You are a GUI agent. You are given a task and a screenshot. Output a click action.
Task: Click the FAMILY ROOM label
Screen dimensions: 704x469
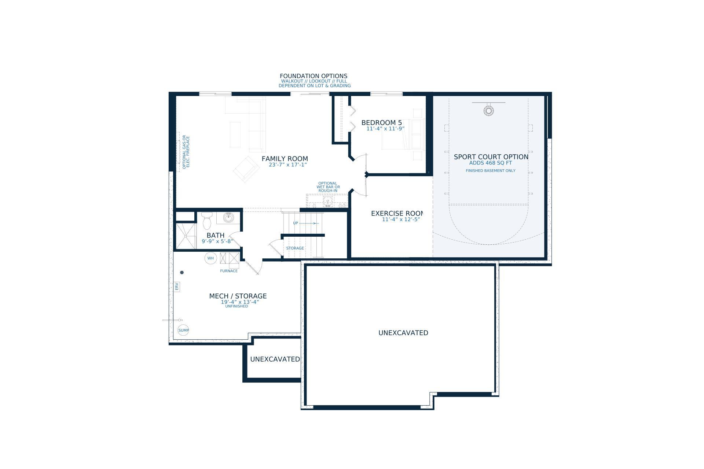click(285, 159)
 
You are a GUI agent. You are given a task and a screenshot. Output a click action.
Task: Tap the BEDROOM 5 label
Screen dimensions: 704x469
click(382, 123)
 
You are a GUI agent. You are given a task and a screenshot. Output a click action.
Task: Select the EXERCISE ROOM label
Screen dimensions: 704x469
click(397, 213)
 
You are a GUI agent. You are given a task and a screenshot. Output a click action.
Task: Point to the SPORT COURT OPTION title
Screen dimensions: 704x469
click(491, 157)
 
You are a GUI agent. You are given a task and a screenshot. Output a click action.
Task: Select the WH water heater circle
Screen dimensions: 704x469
click(210, 258)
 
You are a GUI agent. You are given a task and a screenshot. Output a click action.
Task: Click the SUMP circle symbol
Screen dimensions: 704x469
click(183, 330)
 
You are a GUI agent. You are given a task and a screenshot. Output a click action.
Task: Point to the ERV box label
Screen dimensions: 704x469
click(177, 287)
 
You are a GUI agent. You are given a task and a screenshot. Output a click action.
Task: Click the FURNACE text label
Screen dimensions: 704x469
click(229, 271)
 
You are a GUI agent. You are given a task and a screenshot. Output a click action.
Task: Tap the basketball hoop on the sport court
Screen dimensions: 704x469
click(488, 111)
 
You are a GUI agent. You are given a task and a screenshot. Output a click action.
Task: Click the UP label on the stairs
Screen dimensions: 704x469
click(296, 223)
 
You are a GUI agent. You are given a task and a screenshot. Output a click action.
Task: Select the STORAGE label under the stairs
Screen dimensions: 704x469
click(295, 248)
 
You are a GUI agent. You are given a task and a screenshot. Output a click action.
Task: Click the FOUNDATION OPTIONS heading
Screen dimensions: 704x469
click(313, 76)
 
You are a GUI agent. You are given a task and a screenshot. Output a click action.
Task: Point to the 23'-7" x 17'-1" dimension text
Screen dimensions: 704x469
click(288, 165)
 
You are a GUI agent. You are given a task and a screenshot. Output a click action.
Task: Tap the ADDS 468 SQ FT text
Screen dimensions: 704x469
click(491, 163)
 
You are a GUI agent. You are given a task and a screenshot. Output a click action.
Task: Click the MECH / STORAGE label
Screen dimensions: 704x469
click(238, 296)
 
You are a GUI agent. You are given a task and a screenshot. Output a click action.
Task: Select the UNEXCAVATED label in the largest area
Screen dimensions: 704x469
click(403, 333)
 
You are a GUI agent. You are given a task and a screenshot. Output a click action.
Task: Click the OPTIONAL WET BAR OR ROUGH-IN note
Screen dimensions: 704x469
click(328, 187)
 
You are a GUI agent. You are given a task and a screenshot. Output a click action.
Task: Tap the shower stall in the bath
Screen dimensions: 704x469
click(186, 236)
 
